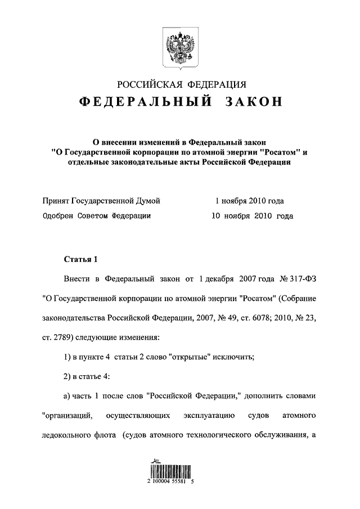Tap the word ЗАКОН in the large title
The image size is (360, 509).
coord(254,102)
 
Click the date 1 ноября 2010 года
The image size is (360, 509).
coord(250,201)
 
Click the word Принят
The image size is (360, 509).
coord(57,201)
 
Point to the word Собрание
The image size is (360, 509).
coord(299,298)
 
